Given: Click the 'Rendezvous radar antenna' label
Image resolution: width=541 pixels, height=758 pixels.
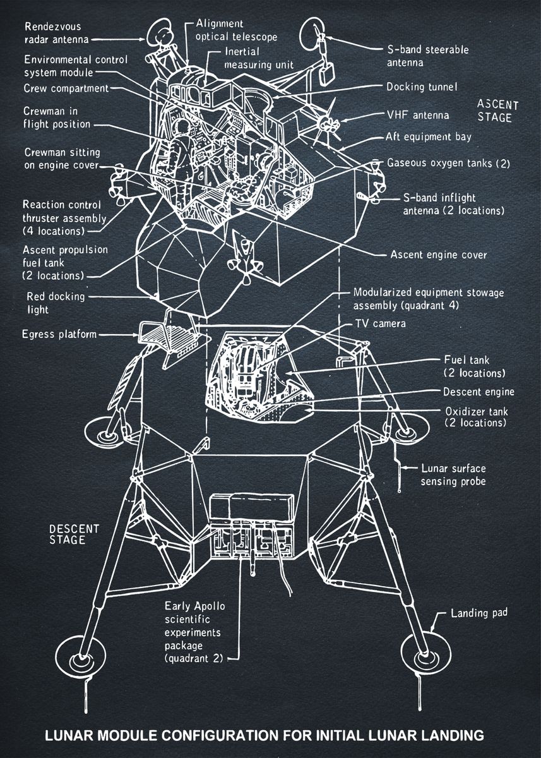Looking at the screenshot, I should coord(53,33).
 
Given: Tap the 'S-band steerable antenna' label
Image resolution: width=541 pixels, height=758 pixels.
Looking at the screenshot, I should coord(427,56).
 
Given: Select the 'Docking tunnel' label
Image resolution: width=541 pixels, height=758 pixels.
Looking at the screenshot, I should coord(422,87).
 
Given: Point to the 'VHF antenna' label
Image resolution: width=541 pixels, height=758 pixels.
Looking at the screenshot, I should coord(417,115).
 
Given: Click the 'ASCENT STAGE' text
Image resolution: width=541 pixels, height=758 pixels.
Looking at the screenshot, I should coord(497,111).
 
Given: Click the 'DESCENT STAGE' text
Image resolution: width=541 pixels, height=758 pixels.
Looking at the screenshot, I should coord(74,534).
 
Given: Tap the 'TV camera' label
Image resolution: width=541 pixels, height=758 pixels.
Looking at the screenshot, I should coord(381,323).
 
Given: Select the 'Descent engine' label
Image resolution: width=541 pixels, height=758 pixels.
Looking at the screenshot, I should coord(479,392).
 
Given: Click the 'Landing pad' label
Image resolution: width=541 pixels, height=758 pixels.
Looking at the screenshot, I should coord(479,613).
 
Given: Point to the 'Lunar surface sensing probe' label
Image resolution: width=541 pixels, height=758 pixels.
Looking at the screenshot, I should coord(453,475).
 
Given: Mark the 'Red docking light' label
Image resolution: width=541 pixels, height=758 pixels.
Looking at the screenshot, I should coord(47,303).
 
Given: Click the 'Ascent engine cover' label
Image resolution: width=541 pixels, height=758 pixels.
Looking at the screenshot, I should coord(439,255).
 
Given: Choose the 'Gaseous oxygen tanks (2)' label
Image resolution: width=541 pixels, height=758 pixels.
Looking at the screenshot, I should coord(448,163).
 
